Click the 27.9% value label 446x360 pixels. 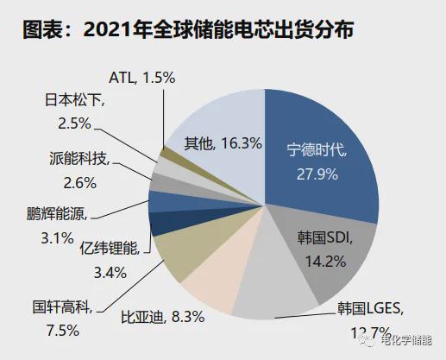317,174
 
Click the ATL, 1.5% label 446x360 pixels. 143,78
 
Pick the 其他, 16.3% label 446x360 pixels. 223,142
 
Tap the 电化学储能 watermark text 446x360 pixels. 405,343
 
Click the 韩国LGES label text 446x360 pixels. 367,306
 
